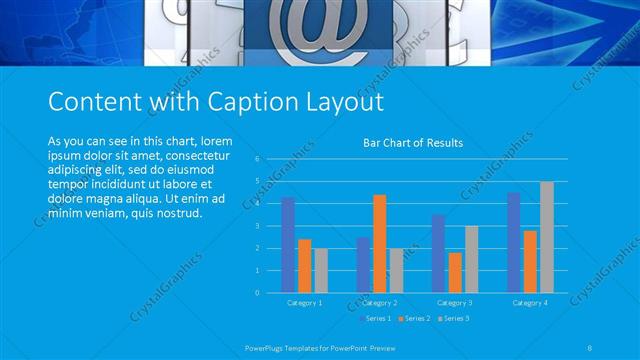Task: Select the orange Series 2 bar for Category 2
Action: (380, 243)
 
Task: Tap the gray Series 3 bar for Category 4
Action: (546, 237)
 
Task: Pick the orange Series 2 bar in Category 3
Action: (455, 272)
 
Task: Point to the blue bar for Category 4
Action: (514, 242)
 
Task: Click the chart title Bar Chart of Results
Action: (412, 143)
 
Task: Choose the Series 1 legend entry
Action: (378, 318)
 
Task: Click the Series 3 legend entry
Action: (452, 318)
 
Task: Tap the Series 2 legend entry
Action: (415, 318)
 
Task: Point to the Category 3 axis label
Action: (455, 302)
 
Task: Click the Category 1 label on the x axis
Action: (304, 302)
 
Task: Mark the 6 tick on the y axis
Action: (258, 159)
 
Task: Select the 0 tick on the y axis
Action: (258, 293)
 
